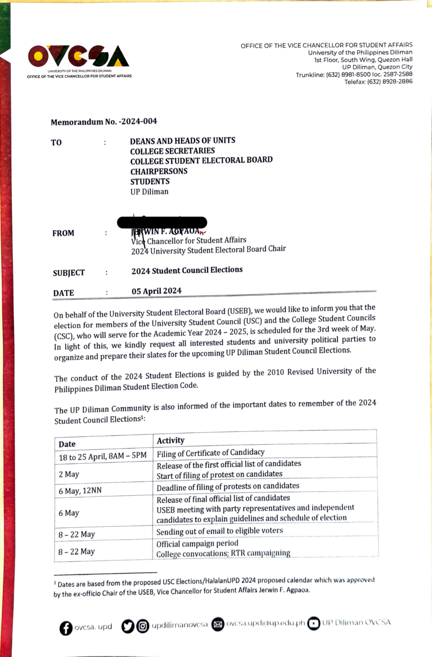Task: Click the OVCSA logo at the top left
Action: [78, 56]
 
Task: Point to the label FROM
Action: [63, 234]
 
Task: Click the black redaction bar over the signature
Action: [161, 223]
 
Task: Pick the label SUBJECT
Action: [69, 273]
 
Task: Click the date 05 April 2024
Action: [156, 291]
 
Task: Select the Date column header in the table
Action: [67, 444]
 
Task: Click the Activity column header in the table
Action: [170, 440]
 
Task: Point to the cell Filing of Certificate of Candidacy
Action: [210, 453]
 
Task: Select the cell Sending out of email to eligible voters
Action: [219, 531]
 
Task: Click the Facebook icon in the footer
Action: [66, 627]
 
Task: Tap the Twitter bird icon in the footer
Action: [128, 626]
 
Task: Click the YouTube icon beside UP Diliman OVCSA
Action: [313, 623]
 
